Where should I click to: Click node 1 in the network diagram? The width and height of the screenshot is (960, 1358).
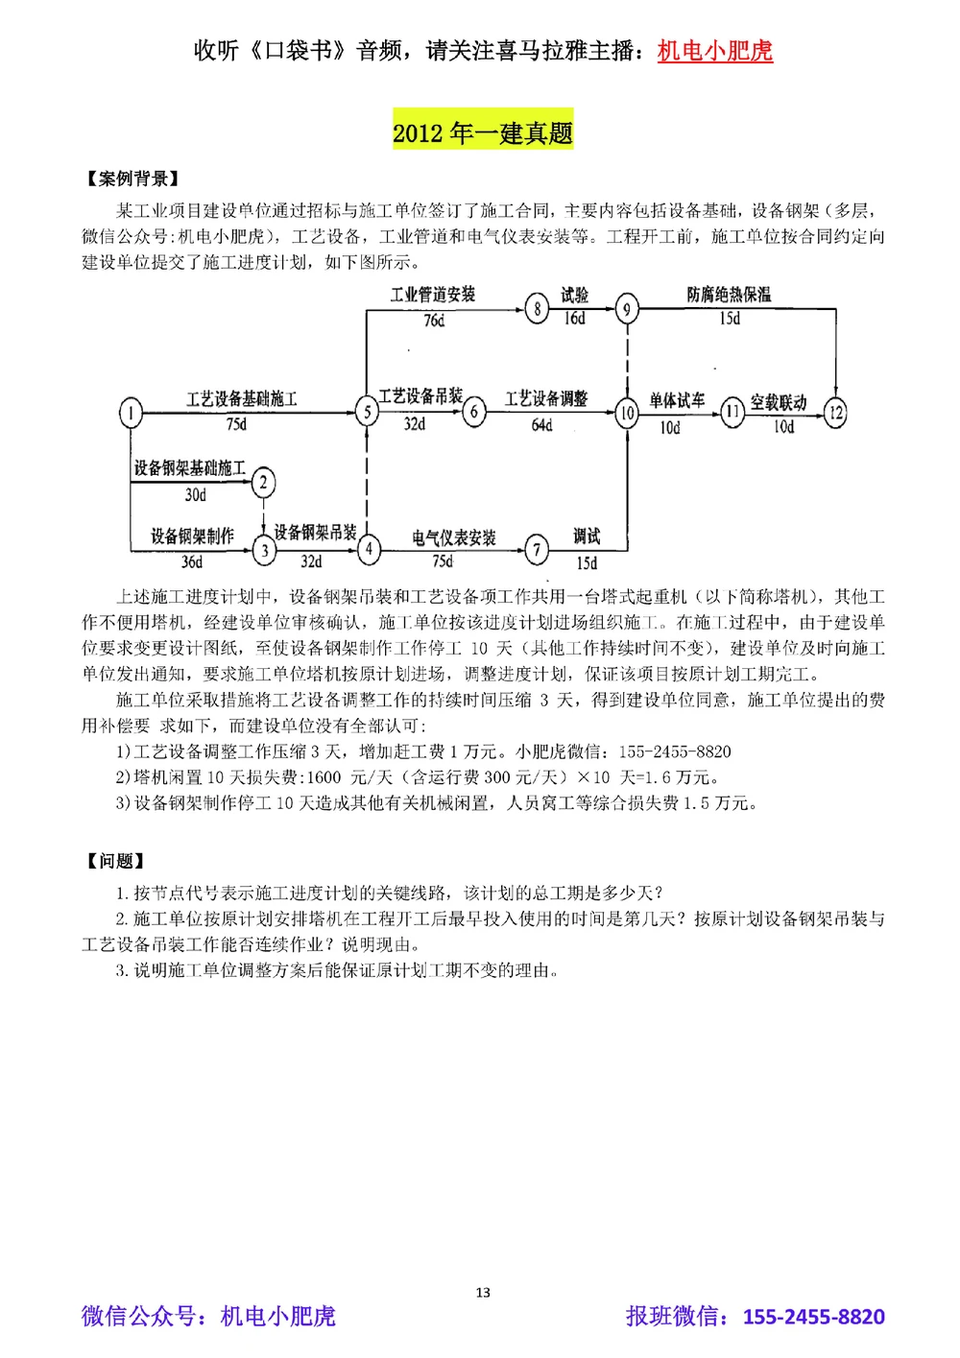(131, 414)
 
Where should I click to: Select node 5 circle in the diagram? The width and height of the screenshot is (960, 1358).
(367, 412)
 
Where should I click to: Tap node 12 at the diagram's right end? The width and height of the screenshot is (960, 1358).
(835, 414)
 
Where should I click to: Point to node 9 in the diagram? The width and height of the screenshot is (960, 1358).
(626, 309)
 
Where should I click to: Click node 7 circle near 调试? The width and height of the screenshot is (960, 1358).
(537, 550)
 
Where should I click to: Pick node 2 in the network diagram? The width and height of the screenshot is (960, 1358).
(263, 482)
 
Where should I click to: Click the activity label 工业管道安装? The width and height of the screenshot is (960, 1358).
(433, 295)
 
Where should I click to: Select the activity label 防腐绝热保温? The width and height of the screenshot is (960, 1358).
(729, 295)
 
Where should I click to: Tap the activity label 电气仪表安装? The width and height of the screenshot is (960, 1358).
(454, 537)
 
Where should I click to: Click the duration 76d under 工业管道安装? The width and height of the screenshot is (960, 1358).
(434, 321)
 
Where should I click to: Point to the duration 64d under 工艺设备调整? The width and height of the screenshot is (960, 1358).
(542, 425)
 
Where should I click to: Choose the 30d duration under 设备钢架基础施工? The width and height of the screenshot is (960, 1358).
(196, 495)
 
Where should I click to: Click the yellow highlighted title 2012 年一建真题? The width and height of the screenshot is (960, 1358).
(483, 132)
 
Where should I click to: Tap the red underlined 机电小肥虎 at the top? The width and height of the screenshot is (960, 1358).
(715, 51)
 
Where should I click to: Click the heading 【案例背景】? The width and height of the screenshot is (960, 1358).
(132, 179)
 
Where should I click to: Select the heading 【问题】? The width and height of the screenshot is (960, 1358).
(114, 861)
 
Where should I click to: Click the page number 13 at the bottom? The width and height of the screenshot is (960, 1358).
(483, 1293)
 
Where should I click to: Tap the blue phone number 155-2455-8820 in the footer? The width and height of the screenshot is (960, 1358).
(813, 1317)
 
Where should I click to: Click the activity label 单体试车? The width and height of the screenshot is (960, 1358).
(677, 400)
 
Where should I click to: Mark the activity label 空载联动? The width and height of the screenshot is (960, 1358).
(779, 402)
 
